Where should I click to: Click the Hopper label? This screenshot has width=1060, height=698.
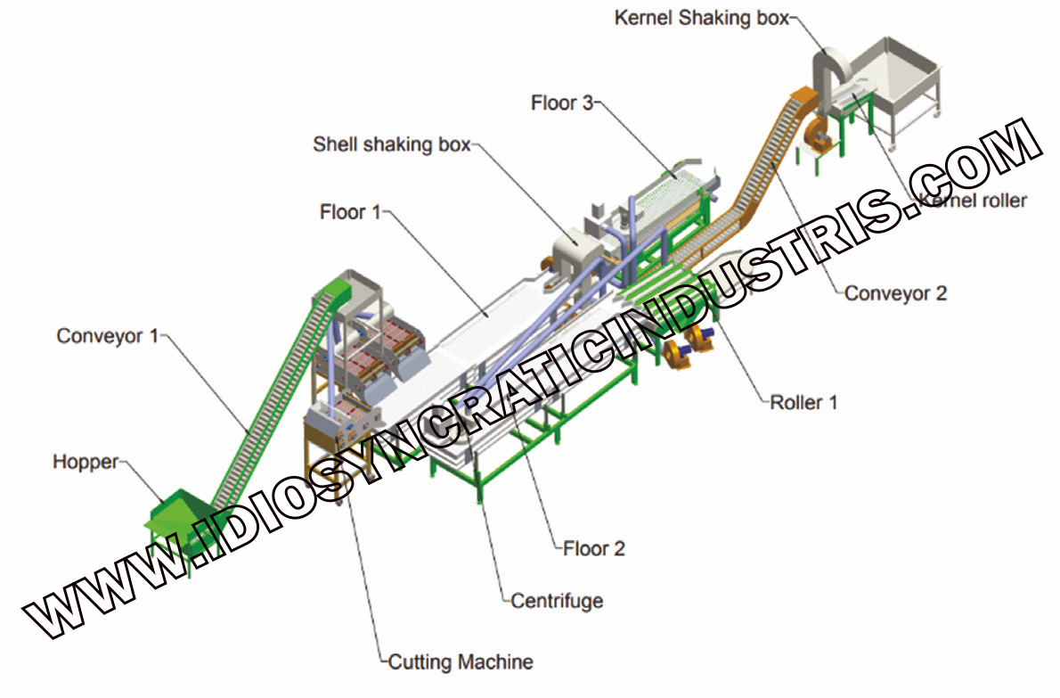(x=86, y=462)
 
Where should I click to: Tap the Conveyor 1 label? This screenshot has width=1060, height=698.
(x=108, y=335)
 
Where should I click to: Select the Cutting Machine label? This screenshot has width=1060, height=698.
(x=461, y=661)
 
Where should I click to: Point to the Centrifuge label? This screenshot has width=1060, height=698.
(x=557, y=601)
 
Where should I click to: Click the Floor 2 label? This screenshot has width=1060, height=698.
(x=593, y=548)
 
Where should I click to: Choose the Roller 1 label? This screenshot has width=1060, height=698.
(x=803, y=402)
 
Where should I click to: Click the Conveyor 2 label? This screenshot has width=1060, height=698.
(x=896, y=293)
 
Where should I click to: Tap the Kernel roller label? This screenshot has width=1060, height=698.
(x=974, y=201)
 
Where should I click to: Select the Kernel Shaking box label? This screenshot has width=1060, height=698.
(x=702, y=18)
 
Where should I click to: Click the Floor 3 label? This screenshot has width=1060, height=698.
(x=562, y=103)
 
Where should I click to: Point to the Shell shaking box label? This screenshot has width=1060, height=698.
(x=391, y=144)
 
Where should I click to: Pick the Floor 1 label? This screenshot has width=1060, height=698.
(x=350, y=211)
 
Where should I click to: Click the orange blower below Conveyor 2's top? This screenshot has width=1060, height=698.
(x=815, y=138)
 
